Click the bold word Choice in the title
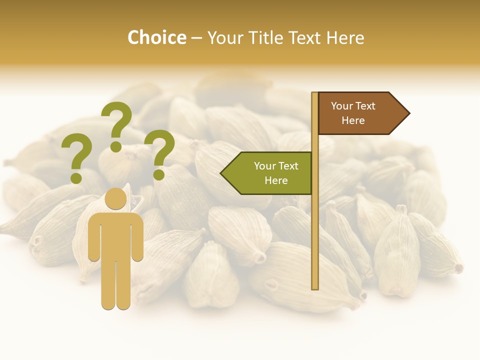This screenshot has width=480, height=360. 156,38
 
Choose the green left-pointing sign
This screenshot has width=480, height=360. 267,173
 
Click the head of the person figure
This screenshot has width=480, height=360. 115,199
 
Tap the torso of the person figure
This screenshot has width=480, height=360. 115,235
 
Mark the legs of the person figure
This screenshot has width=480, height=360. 115,285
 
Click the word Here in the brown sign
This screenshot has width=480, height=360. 353,120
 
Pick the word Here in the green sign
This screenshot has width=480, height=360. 276,180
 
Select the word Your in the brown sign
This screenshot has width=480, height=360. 341,106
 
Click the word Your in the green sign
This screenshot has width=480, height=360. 264,166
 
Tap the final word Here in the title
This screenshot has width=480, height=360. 345,38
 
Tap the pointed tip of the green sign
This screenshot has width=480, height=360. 222,173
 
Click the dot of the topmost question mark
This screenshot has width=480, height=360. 116,146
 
